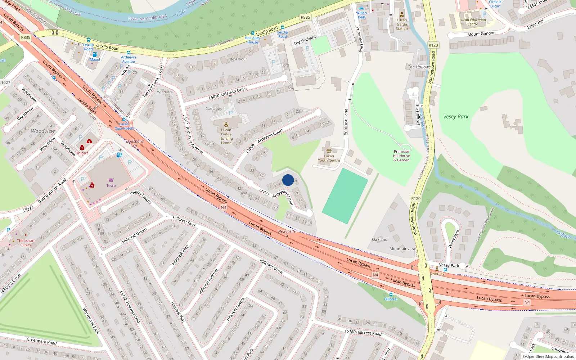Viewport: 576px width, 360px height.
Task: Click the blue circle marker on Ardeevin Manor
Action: [x=288, y=180]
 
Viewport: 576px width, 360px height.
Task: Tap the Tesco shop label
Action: [x=111, y=186]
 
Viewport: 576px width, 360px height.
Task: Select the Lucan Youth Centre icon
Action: [x=329, y=151]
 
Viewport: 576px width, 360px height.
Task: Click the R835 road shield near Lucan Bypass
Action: [x=26, y=37]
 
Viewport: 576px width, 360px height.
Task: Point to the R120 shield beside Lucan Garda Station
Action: [x=433, y=45]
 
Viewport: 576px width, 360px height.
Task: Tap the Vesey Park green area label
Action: [x=456, y=117]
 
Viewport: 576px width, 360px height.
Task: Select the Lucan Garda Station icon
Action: [x=402, y=15]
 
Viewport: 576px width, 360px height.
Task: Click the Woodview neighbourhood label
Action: [x=43, y=131]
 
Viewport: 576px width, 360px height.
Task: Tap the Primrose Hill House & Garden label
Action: [x=401, y=156]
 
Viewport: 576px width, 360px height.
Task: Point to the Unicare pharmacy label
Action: [x=82, y=153]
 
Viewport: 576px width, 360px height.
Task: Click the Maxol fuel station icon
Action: [x=95, y=54]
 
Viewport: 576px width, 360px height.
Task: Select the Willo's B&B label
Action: [x=361, y=15]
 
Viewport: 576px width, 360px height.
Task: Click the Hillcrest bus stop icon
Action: [x=391, y=294]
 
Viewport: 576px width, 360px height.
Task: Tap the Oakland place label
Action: [x=380, y=239]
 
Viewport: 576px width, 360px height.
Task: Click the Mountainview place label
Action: [x=402, y=249]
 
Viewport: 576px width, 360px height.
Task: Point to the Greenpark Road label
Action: [x=41, y=341]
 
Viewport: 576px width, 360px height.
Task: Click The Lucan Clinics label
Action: [x=26, y=243]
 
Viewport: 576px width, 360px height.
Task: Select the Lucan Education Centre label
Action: [x=473, y=22]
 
